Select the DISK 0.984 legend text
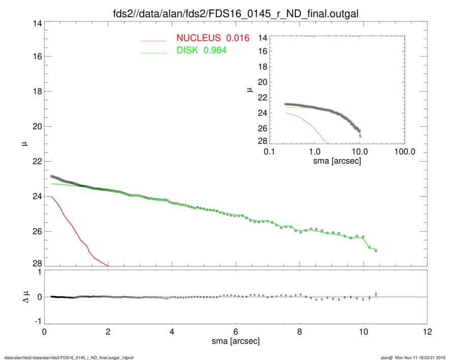coord(201,50)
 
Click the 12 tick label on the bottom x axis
coord(428,332)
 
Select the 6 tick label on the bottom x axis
coord(236,332)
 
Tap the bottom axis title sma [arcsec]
coord(235,341)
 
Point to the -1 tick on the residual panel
coord(37,322)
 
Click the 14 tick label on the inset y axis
coord(263,38)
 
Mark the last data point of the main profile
coord(375,251)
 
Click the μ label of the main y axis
coord(23,144)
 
